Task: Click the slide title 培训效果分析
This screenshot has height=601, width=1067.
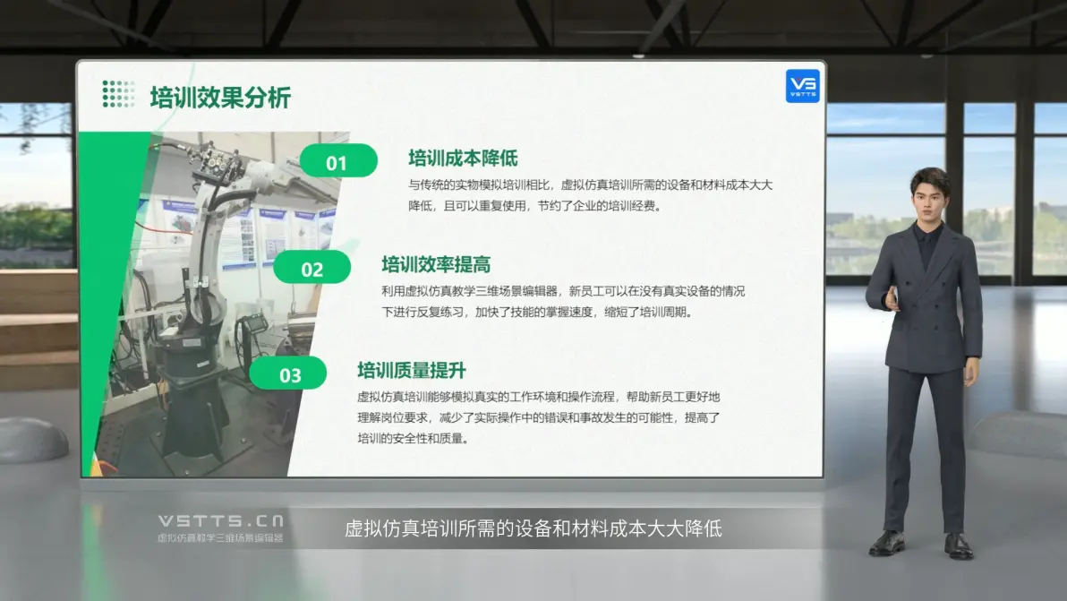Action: tap(220, 98)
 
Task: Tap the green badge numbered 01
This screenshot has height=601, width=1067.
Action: tap(338, 161)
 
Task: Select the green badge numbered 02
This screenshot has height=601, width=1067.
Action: tap(312, 268)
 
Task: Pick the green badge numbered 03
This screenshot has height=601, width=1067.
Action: tap(288, 373)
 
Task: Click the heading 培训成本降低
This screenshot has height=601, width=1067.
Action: tap(463, 159)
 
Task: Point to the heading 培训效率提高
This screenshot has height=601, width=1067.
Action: tap(436, 264)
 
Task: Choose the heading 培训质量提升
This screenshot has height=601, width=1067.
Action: tap(412, 370)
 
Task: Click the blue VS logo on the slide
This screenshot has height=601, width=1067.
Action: tap(803, 86)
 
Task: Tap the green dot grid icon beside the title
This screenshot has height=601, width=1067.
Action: tap(118, 94)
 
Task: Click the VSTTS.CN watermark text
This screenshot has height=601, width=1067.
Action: tap(221, 520)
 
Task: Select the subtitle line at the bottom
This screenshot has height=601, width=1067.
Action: tap(533, 528)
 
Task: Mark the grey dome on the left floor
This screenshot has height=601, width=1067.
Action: tap(32, 440)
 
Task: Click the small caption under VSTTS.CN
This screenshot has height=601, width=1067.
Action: tap(220, 537)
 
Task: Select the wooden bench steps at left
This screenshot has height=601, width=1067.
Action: tap(38, 330)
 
